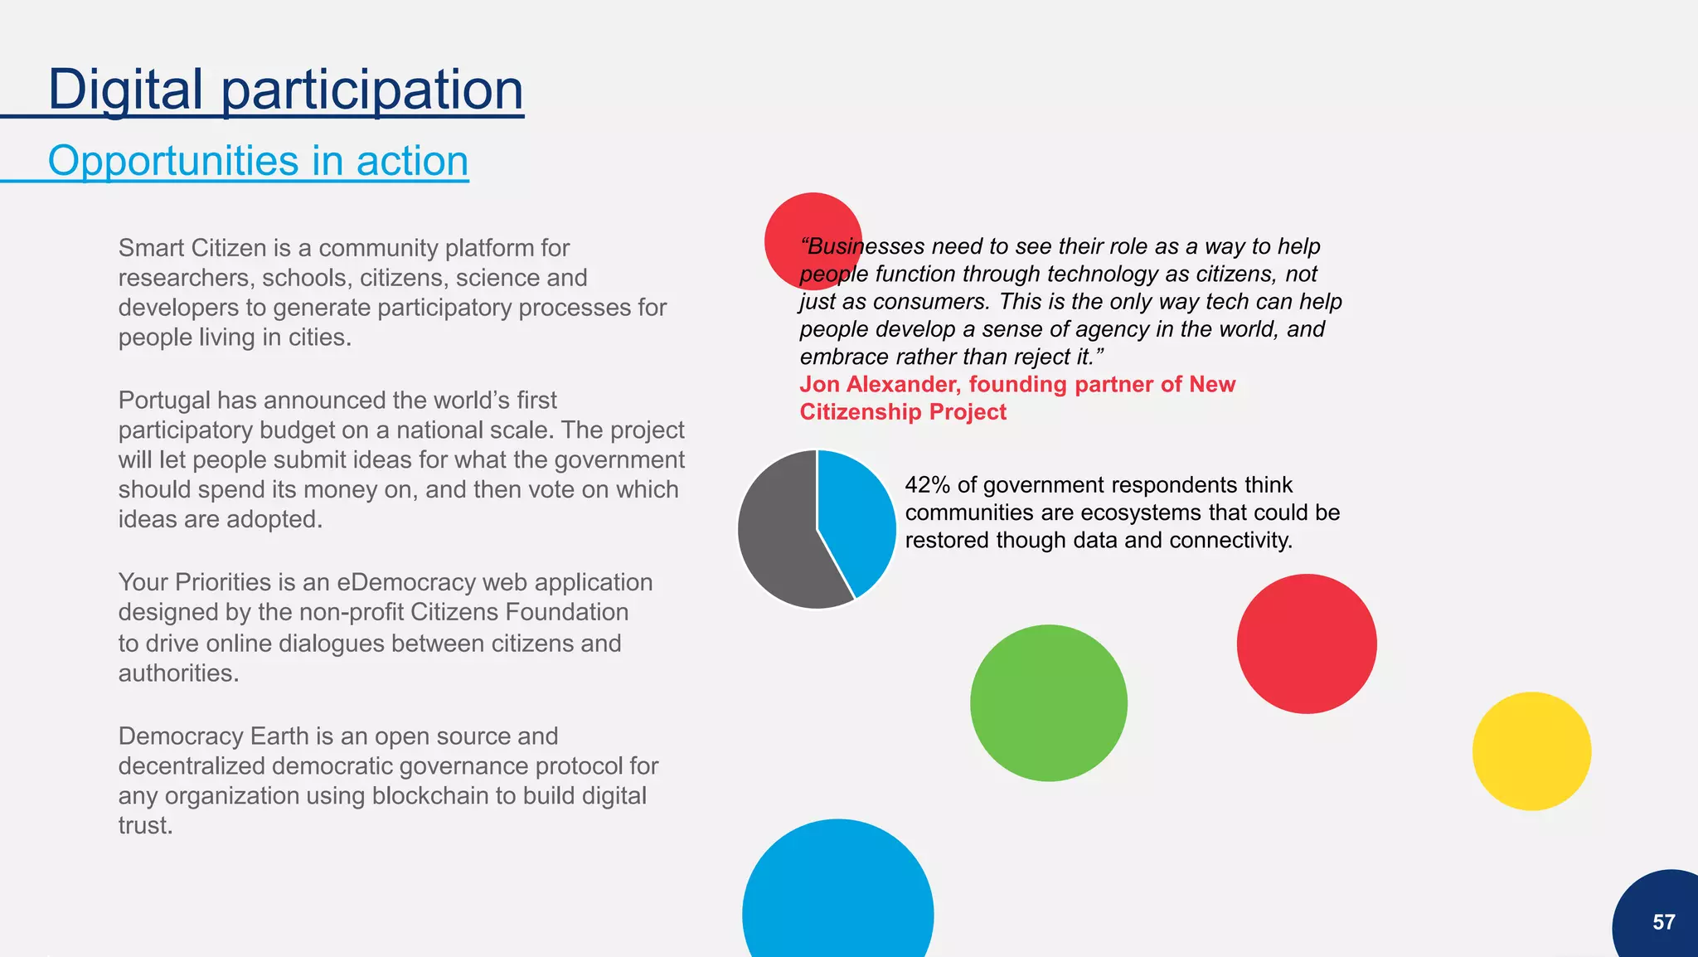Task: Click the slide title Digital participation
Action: point(285,90)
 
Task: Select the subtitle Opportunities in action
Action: point(258,160)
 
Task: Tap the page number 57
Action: point(1663,922)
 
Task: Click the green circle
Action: point(1049,703)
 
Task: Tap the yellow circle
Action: point(1531,751)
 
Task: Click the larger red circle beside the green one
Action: point(1307,644)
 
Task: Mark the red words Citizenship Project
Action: point(903,412)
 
